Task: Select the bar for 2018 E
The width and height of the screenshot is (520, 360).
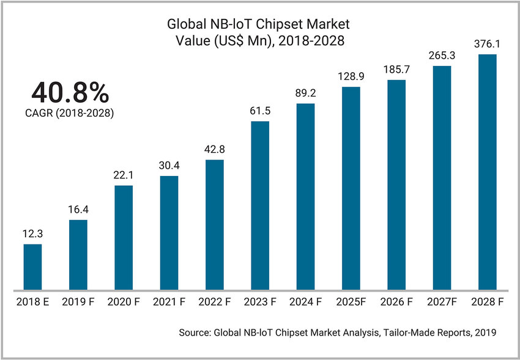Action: pos(32,267)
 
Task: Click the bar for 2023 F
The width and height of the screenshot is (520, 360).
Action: pos(260,205)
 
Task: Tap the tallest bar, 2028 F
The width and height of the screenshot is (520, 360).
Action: pos(486,172)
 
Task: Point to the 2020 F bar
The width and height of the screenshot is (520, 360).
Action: pos(124,237)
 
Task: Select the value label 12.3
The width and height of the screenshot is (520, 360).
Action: pos(32,233)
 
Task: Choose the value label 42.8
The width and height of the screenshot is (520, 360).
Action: pos(214,149)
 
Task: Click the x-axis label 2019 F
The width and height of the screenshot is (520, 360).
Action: pos(78,301)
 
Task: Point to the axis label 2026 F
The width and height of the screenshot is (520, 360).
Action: pos(396,301)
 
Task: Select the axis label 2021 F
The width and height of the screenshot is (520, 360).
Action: pos(169,301)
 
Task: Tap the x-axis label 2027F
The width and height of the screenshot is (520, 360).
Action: pos(441,301)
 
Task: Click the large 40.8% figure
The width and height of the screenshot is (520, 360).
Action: pos(70,93)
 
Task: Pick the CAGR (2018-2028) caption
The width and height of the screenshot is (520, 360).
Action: pos(70,113)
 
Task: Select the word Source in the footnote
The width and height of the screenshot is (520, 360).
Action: pos(194,333)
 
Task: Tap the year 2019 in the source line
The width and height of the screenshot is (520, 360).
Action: pos(484,333)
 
